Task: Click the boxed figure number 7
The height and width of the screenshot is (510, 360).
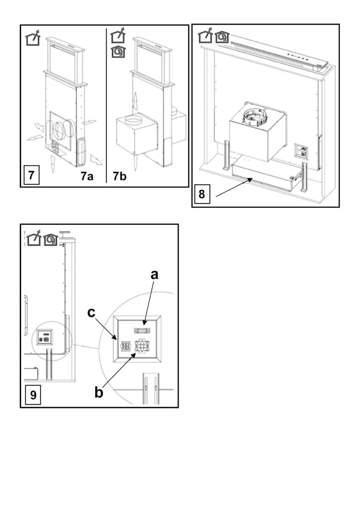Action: [x=32, y=175]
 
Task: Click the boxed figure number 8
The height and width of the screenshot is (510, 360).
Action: [x=202, y=194]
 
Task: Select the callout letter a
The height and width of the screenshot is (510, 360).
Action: [x=154, y=275]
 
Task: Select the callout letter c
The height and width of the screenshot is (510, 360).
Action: [x=91, y=313]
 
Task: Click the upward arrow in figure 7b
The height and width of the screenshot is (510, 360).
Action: [x=135, y=101]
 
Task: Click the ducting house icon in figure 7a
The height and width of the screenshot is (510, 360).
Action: [x=33, y=37]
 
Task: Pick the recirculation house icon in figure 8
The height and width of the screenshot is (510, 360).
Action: [x=222, y=37]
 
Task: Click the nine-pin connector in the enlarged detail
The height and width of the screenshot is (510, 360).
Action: [x=142, y=347]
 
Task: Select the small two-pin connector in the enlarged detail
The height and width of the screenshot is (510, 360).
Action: [x=125, y=347]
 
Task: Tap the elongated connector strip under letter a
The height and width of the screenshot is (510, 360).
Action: [x=142, y=331]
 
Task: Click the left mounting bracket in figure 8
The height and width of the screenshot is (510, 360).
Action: [x=227, y=155]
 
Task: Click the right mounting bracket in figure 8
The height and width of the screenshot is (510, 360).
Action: [x=305, y=177]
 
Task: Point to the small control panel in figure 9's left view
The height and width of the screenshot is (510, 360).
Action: [x=44, y=337]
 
